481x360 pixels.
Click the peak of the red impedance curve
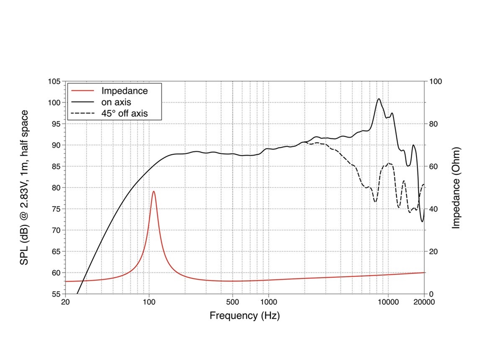153,191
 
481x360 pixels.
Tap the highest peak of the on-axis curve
379,99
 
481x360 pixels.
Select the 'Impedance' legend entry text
125,90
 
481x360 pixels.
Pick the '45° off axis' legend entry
124,113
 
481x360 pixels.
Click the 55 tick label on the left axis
56,294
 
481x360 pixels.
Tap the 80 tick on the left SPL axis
56,187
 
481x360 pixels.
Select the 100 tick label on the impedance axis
435,82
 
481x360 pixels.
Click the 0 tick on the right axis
431,294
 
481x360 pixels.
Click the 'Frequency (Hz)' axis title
244,316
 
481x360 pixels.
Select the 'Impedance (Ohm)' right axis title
457,187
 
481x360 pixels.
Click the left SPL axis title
24,187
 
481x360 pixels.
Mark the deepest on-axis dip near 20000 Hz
422,222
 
